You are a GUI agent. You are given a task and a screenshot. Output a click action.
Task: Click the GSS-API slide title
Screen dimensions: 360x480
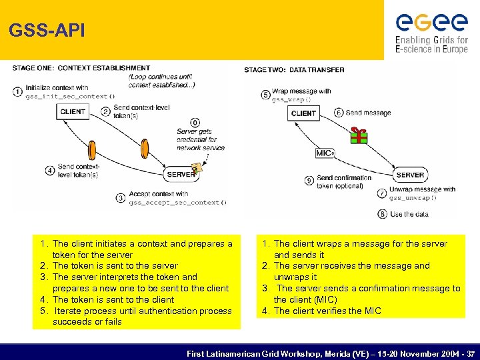(x=47, y=31)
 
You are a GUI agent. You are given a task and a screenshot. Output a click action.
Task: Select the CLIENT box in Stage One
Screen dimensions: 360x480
(x=73, y=111)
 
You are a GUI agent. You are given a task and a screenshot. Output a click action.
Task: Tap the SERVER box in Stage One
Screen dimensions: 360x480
(x=181, y=175)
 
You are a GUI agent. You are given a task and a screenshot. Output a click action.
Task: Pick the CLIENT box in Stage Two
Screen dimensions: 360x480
(x=304, y=113)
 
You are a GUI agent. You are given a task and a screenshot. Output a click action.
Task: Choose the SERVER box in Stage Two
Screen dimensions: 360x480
(x=410, y=175)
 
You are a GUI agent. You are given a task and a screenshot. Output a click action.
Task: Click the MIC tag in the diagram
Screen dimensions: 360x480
(x=325, y=153)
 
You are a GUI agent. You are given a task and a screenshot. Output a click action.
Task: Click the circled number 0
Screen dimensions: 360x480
(x=195, y=123)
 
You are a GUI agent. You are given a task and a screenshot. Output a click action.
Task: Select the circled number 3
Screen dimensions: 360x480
(x=120, y=197)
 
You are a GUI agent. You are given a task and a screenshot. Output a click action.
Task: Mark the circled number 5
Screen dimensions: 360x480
(x=265, y=95)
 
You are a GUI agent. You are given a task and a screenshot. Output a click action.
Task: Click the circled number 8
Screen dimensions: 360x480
(x=382, y=214)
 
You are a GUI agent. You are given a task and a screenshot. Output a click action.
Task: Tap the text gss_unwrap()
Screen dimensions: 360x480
(x=413, y=198)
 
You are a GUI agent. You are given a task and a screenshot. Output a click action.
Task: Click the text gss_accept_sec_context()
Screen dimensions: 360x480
(x=178, y=203)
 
